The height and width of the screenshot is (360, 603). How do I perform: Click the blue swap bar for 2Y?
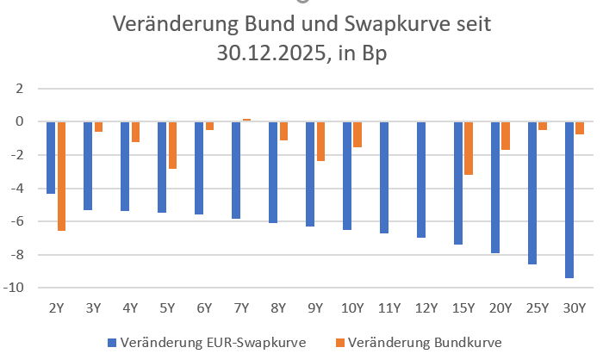coord(51,158)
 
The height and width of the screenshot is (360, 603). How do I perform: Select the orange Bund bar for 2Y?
coord(61,176)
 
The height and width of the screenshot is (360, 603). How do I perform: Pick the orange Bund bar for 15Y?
coord(469,148)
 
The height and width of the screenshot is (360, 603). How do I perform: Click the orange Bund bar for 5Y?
coord(172,145)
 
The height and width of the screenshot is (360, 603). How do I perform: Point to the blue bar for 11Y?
coord(384,177)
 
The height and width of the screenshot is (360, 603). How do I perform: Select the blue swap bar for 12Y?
coord(421,179)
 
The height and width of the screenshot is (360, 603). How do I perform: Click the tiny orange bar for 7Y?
coord(246,120)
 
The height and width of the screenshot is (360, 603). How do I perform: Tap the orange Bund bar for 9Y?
coord(320,141)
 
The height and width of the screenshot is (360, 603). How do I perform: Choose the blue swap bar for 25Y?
coord(532,193)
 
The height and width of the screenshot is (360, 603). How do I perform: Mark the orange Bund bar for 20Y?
coord(506,136)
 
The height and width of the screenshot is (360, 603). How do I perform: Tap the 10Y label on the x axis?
coord(352,307)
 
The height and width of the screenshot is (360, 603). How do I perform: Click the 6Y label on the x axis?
coord(204,307)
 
